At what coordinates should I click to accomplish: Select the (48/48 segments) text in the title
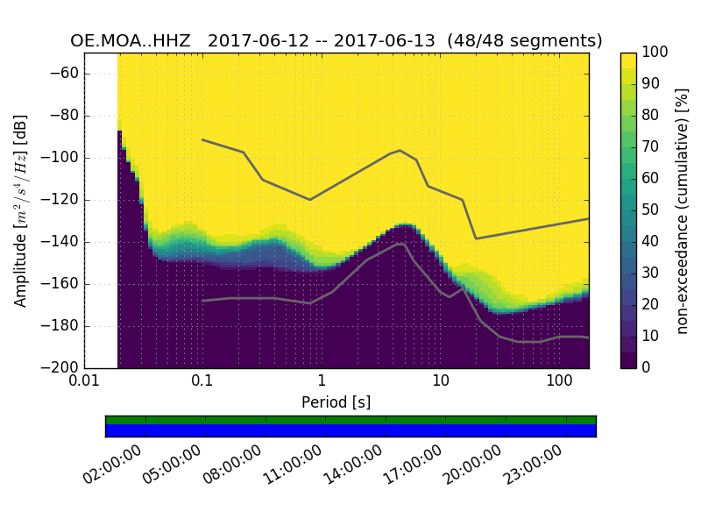[x=524, y=41]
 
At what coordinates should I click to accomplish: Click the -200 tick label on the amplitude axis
[x=60, y=367]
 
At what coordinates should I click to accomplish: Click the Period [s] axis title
[x=336, y=402]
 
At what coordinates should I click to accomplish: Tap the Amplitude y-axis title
[x=21, y=210]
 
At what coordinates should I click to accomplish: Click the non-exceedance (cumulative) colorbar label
[x=683, y=210]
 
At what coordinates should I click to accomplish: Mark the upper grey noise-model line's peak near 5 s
[x=400, y=151]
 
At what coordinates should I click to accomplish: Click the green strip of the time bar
[x=350, y=420]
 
